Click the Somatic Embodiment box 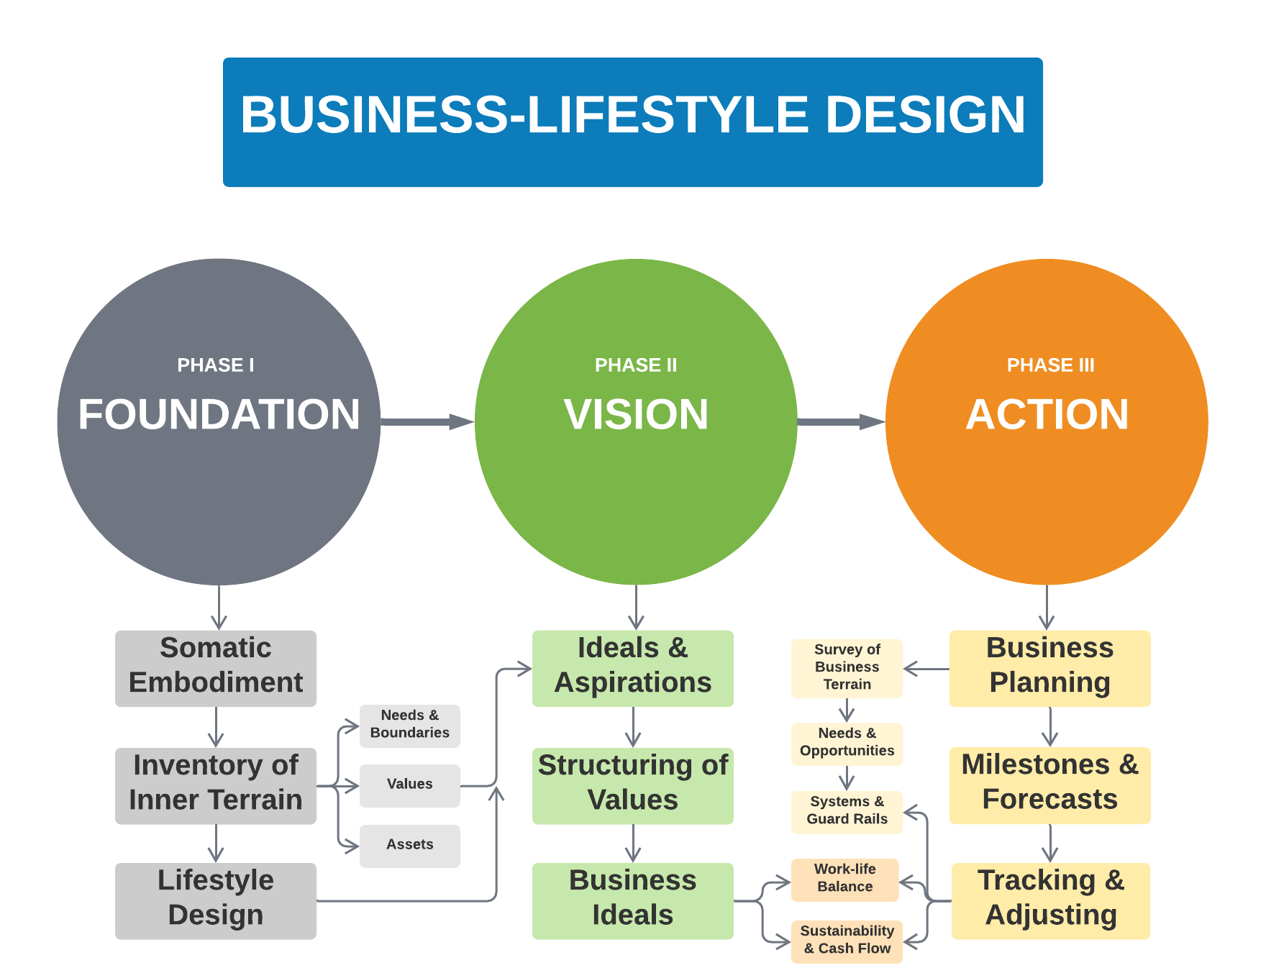pyautogui.click(x=216, y=668)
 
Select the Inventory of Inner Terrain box pyautogui.click(x=216, y=785)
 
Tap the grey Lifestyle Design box pyautogui.click(x=216, y=900)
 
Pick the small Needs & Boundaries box pyautogui.click(x=410, y=726)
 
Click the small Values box pyautogui.click(x=410, y=785)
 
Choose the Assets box pyautogui.click(x=410, y=846)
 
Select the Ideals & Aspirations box pyautogui.click(x=633, y=668)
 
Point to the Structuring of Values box pyautogui.click(x=633, y=785)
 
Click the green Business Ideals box pyautogui.click(x=633, y=900)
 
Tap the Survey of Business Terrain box pyautogui.click(x=847, y=668)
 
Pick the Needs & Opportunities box pyautogui.click(x=847, y=744)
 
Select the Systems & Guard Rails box pyautogui.click(x=847, y=812)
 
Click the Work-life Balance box pyautogui.click(x=845, y=879)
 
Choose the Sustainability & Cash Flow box pyautogui.click(x=847, y=941)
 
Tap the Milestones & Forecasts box pyautogui.click(x=1050, y=785)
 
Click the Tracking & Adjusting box pyautogui.click(x=1051, y=900)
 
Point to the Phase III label pyautogui.click(x=1050, y=365)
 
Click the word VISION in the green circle pyautogui.click(x=636, y=415)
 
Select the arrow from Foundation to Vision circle pyautogui.click(x=427, y=421)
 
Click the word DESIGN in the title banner pyautogui.click(x=925, y=115)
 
